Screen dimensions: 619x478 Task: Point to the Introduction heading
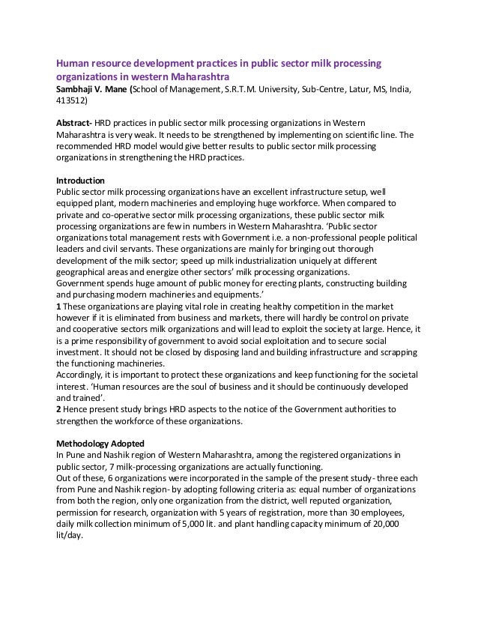pos(81,181)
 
